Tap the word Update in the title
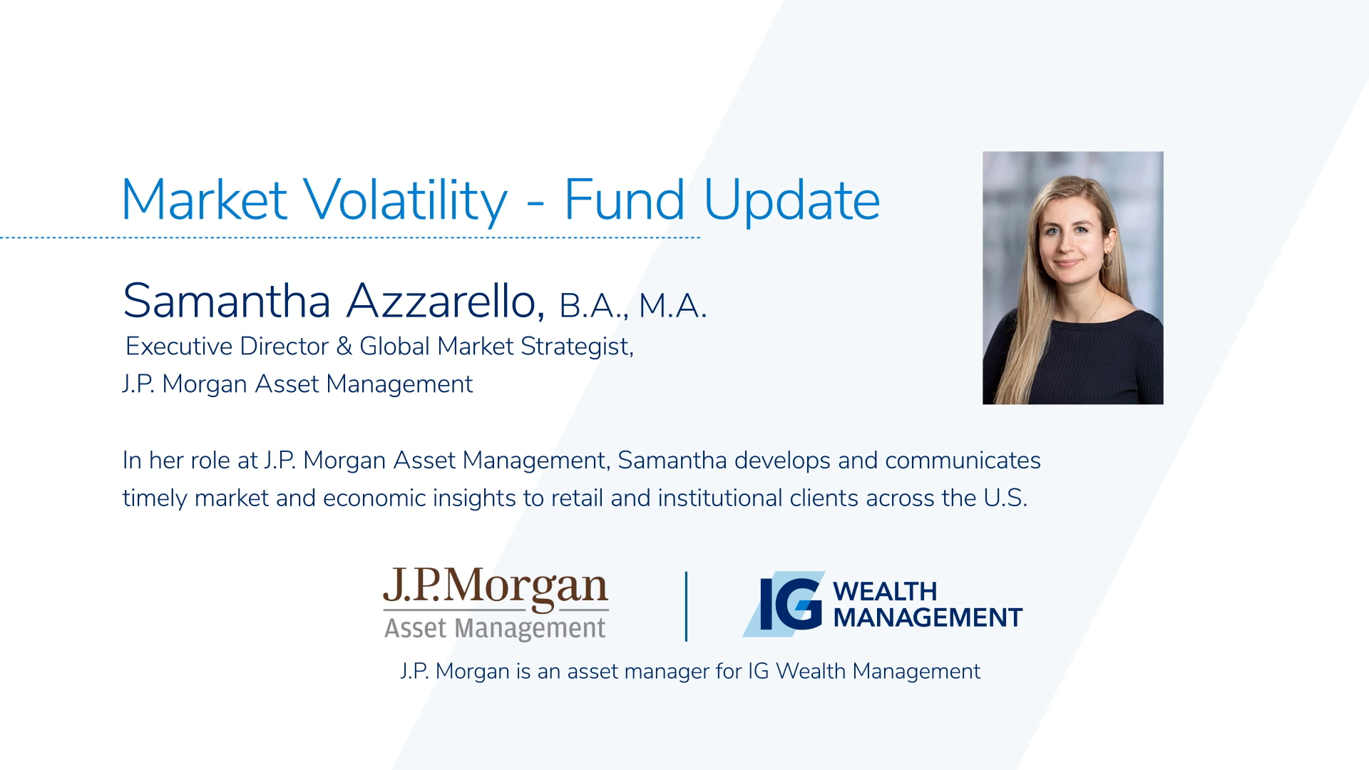click(791, 200)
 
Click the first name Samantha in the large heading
click(227, 301)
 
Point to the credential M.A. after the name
click(672, 306)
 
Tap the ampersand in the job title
click(344, 346)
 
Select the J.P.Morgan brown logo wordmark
click(496, 588)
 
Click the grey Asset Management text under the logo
click(495, 629)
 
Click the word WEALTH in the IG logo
click(885, 591)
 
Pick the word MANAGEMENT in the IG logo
click(928, 617)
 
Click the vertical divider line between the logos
click(686, 607)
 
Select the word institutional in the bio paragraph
click(720, 498)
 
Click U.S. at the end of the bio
click(1005, 498)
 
